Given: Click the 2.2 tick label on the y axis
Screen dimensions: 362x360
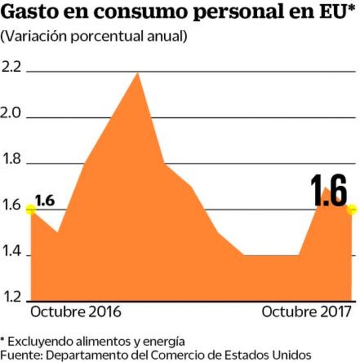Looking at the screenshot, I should point(11,67).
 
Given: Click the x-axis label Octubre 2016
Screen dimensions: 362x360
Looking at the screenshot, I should point(75,311).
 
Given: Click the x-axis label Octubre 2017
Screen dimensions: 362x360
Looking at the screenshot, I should point(307,311).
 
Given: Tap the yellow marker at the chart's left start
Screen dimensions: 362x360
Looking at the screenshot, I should point(30,209).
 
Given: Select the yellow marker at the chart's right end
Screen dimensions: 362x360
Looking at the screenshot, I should point(351,209).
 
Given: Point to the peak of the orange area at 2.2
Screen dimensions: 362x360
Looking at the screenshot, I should point(137,73).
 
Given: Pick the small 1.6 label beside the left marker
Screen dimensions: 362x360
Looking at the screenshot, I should point(44,200).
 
